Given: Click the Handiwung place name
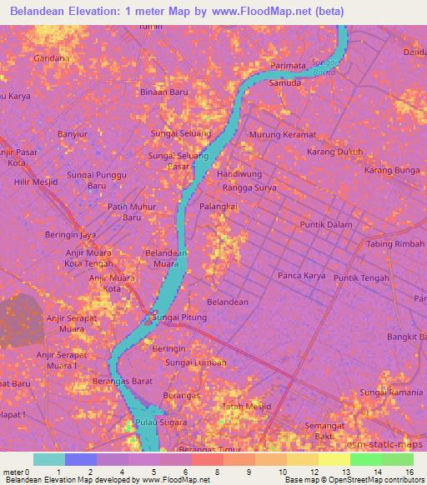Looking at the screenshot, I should [x=239, y=175].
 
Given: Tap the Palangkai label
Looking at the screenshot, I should [x=219, y=205].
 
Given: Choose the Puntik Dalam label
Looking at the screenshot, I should [x=326, y=225].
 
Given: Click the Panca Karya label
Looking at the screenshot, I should [x=301, y=275].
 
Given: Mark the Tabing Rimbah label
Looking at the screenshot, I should [x=395, y=244].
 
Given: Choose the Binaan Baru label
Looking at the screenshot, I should [x=163, y=92].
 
